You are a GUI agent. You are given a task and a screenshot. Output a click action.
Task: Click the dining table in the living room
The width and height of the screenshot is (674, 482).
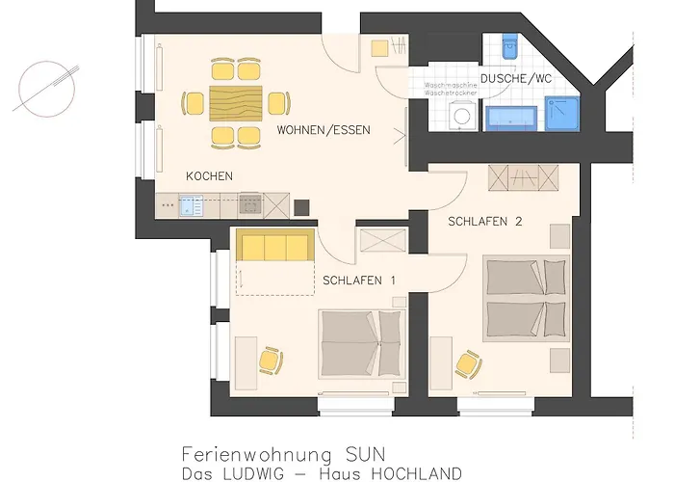click(236, 102)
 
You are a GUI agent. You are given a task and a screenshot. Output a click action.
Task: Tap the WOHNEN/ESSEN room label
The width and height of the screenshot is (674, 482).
click(324, 130)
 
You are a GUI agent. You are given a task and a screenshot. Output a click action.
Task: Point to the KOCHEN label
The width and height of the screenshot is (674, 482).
click(209, 176)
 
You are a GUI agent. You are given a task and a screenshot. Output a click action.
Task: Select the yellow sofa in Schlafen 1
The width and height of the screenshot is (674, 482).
click(274, 247)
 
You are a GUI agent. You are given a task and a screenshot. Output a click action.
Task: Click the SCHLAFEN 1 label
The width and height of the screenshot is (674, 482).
click(359, 281)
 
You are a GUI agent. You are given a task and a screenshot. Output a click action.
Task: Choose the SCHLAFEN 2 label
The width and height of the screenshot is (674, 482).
click(485, 222)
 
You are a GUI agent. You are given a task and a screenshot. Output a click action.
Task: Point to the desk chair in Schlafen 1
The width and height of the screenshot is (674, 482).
click(271, 361)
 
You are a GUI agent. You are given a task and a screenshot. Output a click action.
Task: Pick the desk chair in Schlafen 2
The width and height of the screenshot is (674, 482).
click(468, 363)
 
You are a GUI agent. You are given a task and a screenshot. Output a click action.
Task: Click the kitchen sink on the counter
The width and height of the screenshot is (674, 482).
click(186, 203)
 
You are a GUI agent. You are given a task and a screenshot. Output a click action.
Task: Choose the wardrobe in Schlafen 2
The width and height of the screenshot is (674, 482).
click(525, 177)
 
